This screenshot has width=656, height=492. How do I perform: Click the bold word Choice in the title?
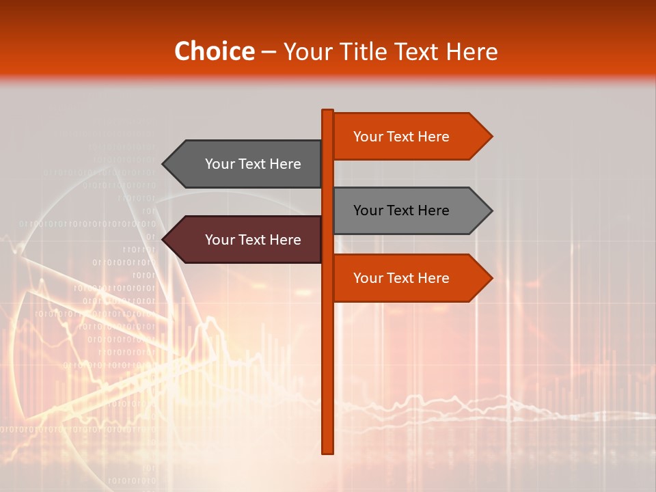pos(214,52)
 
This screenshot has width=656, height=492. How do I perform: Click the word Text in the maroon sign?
pos(253,240)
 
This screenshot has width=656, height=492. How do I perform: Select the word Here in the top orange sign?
pos(433,137)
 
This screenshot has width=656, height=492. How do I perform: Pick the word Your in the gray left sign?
pos(220,164)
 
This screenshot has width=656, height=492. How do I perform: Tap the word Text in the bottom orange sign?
pos(401,278)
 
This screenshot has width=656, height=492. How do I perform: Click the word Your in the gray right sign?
pos(368,210)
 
